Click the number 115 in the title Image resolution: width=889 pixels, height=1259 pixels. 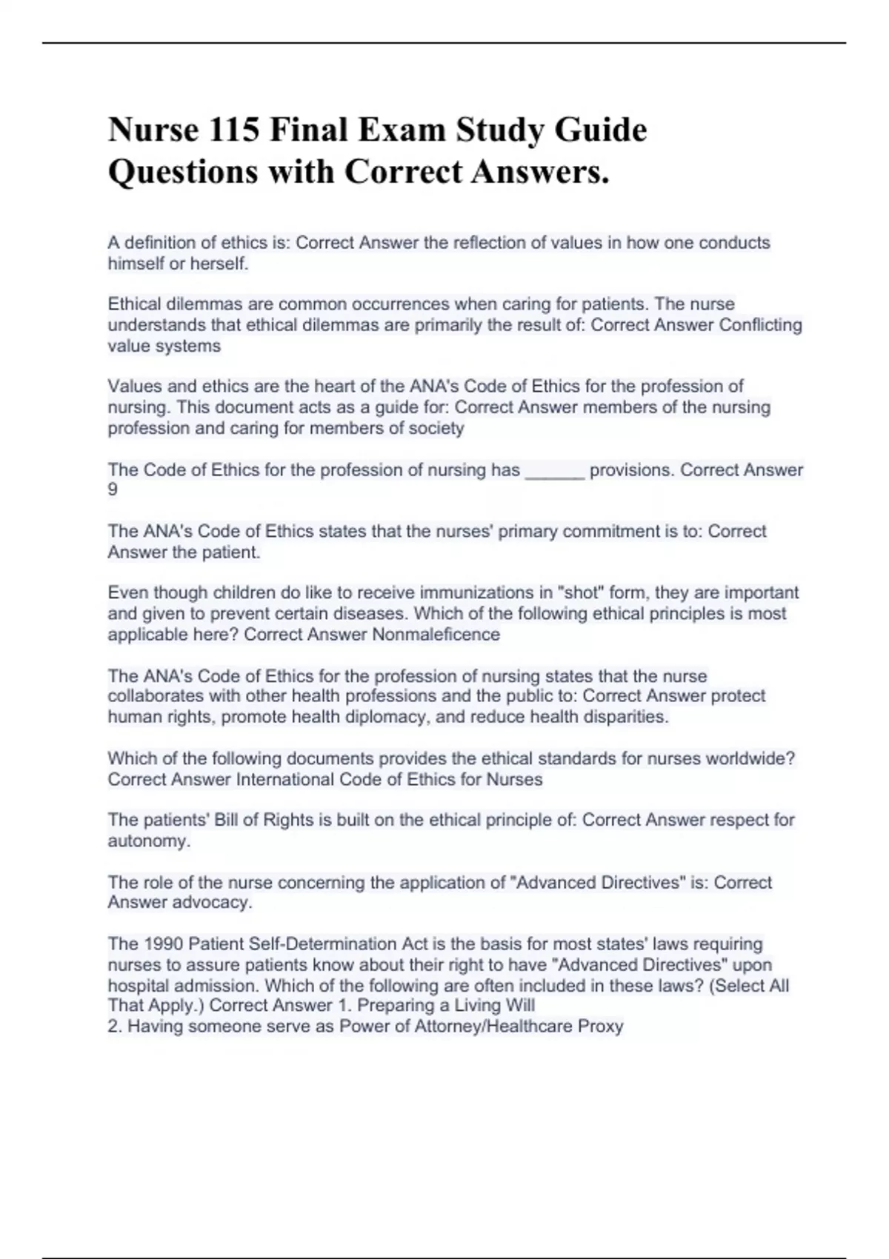click(235, 130)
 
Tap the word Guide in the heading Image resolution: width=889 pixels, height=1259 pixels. click(601, 130)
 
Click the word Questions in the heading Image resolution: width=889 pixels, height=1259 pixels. click(183, 172)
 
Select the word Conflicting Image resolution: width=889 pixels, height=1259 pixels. click(761, 325)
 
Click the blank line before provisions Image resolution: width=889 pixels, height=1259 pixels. click(555, 471)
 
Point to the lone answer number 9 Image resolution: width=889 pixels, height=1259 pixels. click(113, 490)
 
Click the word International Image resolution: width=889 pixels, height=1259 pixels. click(285, 780)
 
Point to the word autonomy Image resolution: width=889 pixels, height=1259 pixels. click(148, 841)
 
